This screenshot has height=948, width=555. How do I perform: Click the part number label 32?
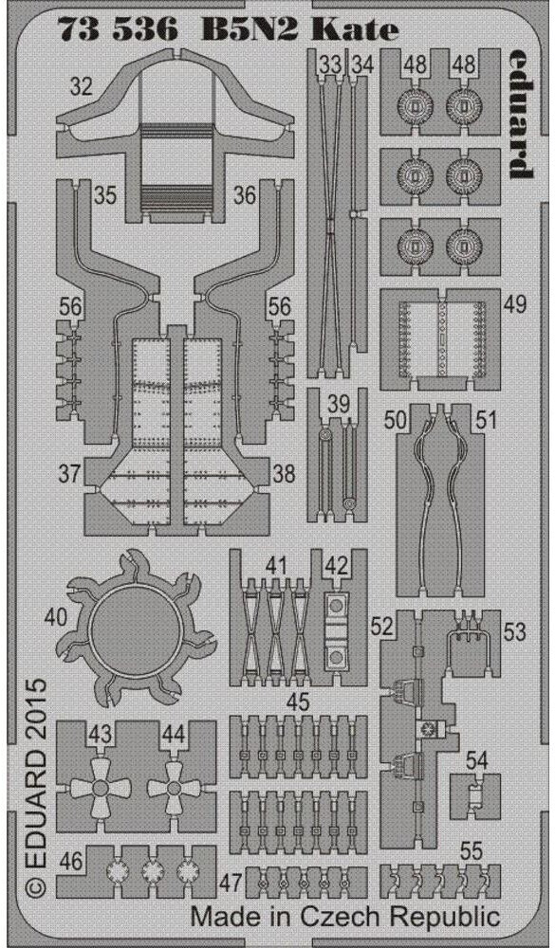click(x=83, y=89)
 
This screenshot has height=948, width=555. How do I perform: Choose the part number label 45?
click(x=299, y=702)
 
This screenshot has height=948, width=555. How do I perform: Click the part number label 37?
click(x=68, y=474)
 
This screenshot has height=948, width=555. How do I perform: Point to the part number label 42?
click(x=337, y=566)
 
